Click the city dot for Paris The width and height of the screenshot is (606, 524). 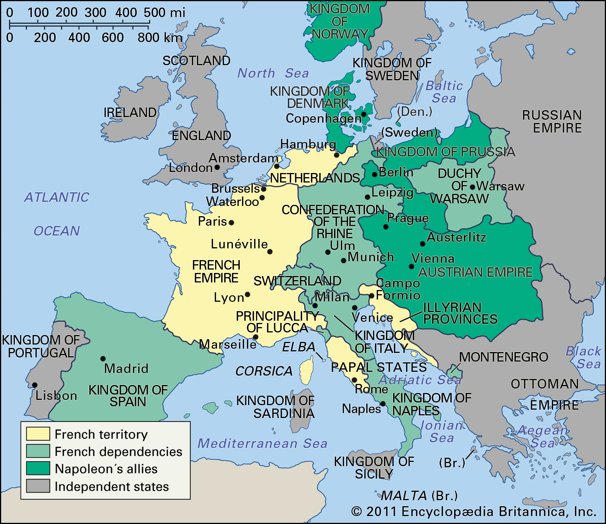coord(231,223)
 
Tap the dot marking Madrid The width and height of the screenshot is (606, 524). coord(103,359)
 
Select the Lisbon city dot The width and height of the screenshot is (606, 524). coord(35,385)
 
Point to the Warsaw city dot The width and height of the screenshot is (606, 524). coord(472,187)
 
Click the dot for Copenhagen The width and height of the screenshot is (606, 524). coord(364,114)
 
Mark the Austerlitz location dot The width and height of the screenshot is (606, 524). coord(423,244)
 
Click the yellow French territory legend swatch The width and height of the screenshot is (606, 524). coord(38,434)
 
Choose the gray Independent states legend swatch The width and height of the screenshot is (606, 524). coord(38,486)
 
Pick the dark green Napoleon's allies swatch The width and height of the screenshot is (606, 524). coord(38,468)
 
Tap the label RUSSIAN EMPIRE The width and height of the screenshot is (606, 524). coord(552,122)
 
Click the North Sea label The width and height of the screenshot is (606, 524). coord(273,73)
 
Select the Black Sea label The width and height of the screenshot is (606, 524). coord(584,357)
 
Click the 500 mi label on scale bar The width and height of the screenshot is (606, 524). coord(164,12)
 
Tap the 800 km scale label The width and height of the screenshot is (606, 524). coord(160,37)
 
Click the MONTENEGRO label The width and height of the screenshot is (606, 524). coord(503,357)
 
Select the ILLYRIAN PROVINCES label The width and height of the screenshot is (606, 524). coord(460,313)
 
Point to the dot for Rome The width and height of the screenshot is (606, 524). coord(355,380)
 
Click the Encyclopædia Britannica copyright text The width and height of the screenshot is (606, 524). coord(473,512)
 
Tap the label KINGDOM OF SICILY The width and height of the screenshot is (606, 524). coord(374,468)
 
